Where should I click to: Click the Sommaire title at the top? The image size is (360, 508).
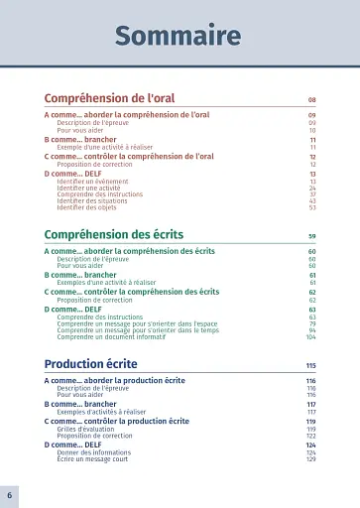(x=178, y=37)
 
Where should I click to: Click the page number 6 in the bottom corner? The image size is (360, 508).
(x=9, y=494)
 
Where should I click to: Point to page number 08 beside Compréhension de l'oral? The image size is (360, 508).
(x=311, y=100)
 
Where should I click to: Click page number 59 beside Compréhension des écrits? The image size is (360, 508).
(x=311, y=236)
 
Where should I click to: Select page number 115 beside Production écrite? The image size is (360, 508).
(x=310, y=365)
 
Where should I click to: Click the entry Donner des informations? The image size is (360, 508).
(x=95, y=452)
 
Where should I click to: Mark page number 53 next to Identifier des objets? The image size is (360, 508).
(x=312, y=207)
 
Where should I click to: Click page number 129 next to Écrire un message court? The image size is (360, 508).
(x=310, y=458)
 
